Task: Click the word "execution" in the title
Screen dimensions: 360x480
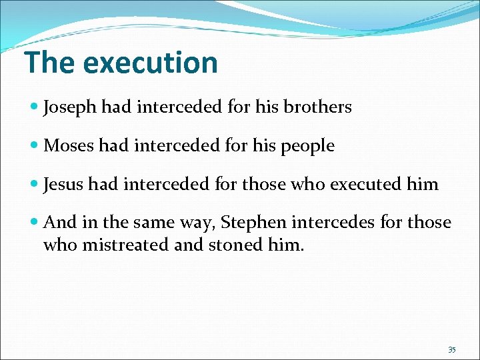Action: point(151,63)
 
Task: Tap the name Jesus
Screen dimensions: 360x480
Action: point(65,184)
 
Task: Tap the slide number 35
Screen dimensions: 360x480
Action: point(452,350)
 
